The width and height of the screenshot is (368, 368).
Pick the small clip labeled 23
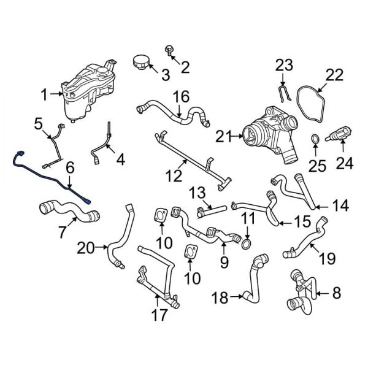click(x=283, y=94)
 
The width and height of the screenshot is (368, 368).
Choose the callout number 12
click(x=174, y=177)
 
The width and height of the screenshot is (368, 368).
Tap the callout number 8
click(x=335, y=294)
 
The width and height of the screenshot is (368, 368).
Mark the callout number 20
click(x=86, y=248)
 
